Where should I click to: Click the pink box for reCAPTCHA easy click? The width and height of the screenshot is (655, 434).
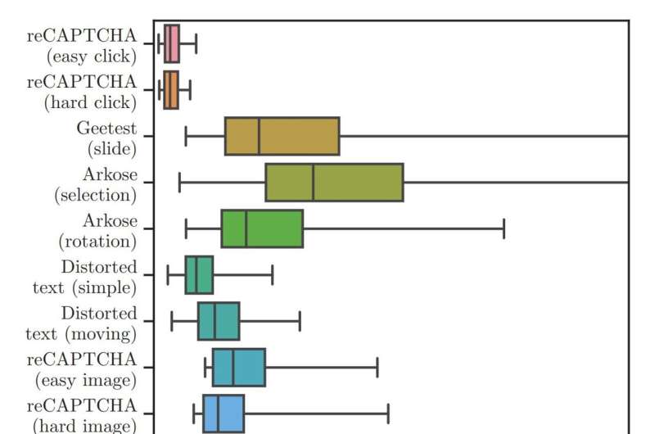click(171, 43)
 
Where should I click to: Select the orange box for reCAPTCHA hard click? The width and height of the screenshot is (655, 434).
click(170, 90)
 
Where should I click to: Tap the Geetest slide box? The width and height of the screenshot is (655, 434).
click(282, 136)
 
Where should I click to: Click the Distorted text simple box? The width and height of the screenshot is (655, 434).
click(199, 275)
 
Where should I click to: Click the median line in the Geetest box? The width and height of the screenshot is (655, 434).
click(259, 136)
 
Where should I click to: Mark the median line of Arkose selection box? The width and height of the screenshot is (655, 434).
click(313, 182)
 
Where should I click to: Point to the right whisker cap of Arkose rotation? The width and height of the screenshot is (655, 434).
click(504, 228)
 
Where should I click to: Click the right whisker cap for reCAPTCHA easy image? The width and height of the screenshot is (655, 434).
click(377, 367)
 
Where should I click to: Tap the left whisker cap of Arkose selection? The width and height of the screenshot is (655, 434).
click(179, 182)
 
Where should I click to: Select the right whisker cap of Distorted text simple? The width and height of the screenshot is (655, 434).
click(272, 275)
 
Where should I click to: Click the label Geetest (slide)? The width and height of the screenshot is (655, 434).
click(106, 138)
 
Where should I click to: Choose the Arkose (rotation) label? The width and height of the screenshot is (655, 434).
click(97, 231)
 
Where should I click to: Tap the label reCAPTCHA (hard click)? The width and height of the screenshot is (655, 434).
click(82, 92)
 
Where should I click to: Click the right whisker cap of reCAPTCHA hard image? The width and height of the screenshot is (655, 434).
click(388, 414)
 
